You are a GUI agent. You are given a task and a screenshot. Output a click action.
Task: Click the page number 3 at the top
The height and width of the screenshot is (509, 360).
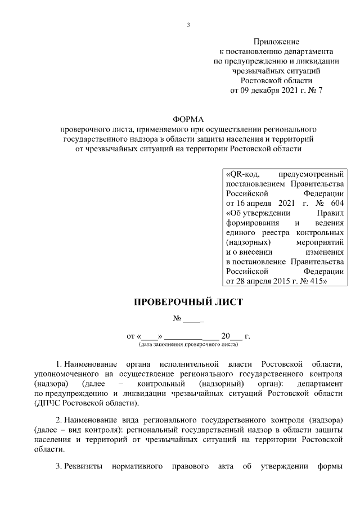(189, 25)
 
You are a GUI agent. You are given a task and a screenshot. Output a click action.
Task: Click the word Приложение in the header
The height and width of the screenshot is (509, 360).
(276, 42)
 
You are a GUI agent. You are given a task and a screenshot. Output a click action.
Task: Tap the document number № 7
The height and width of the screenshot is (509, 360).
(313, 89)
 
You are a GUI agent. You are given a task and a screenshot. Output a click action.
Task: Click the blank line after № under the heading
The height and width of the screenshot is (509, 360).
(194, 319)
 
